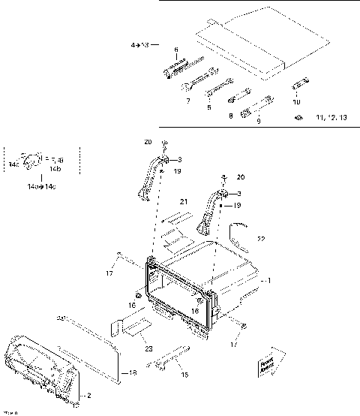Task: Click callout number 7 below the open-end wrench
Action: click(188, 99)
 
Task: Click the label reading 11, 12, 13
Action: click(333, 118)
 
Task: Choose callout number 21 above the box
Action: click(182, 202)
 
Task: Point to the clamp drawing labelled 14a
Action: click(31, 159)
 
